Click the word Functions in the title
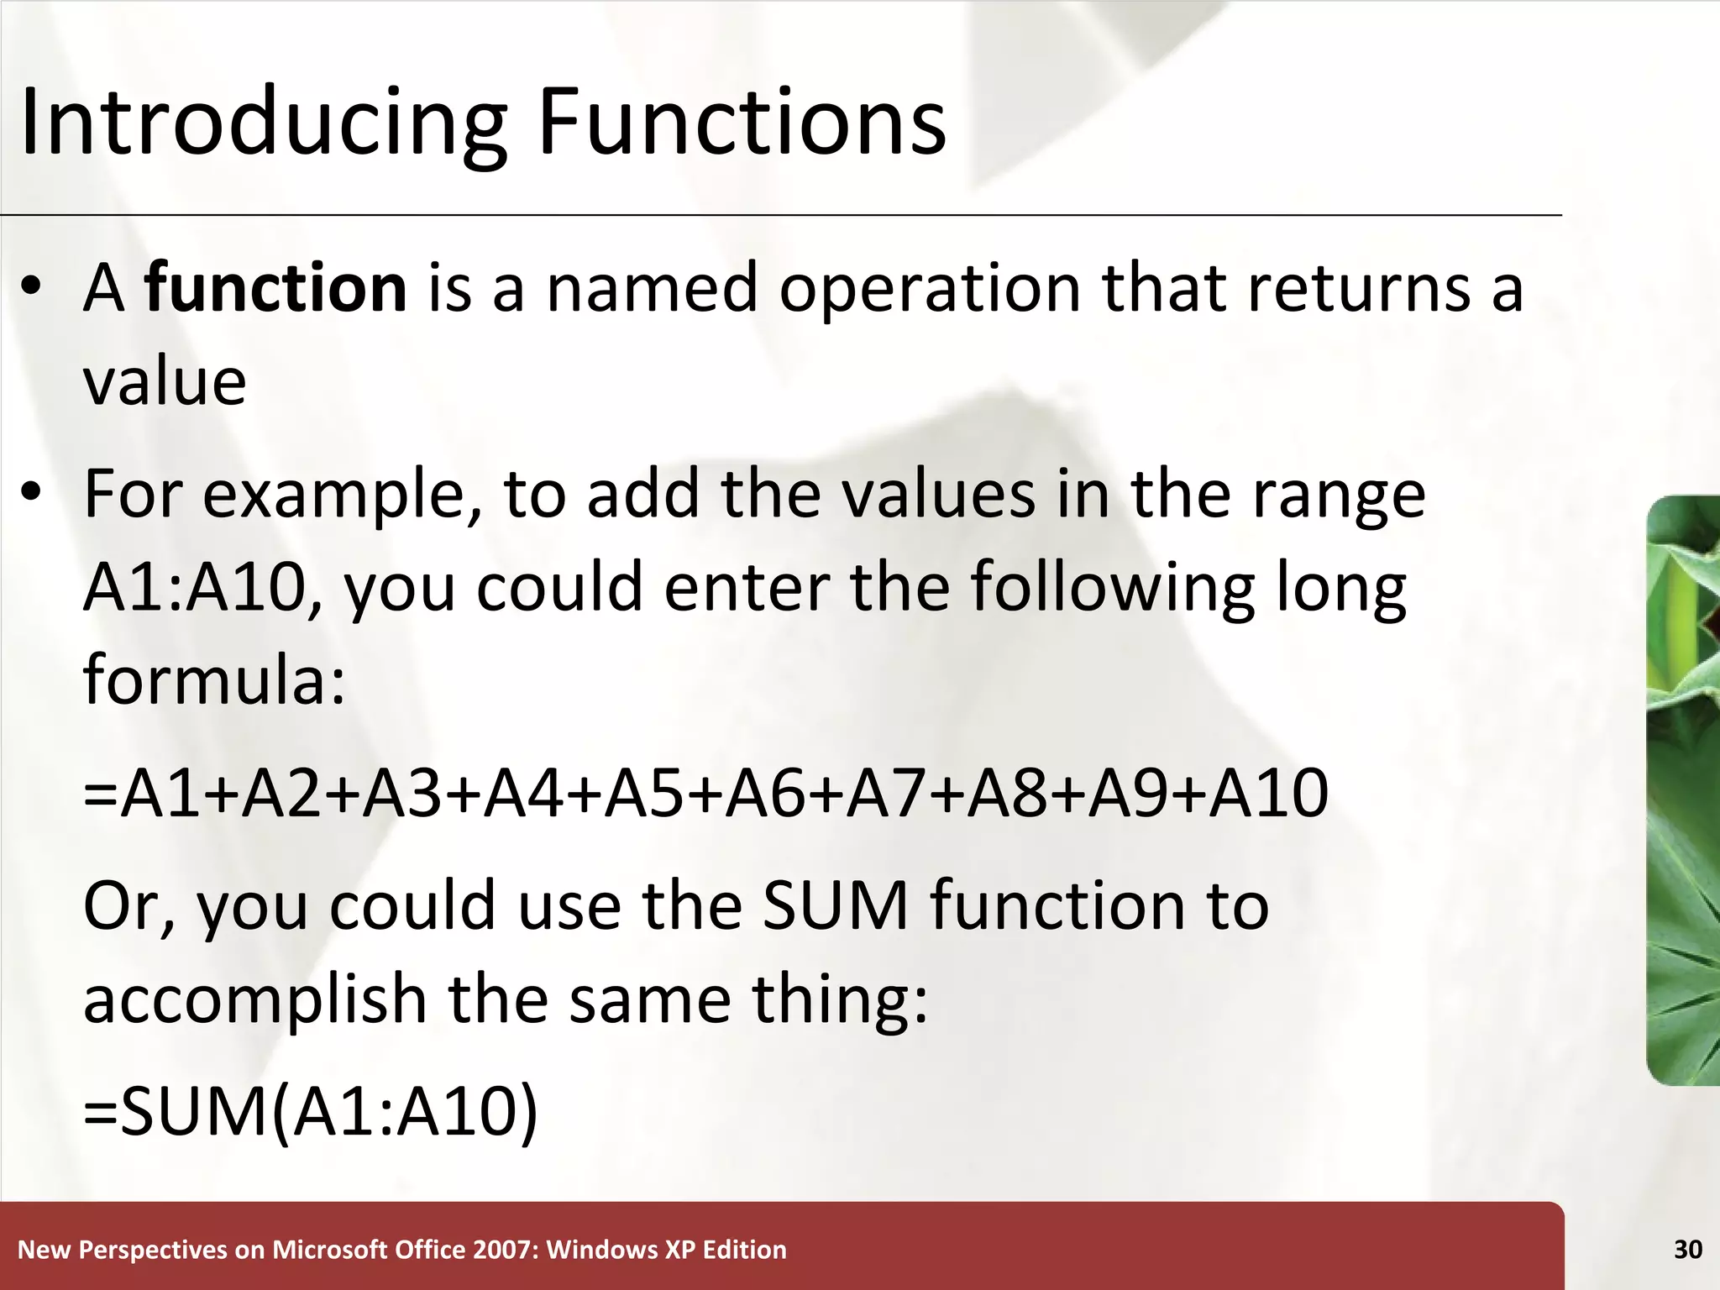click(741, 124)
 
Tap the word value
click(165, 383)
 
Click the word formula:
click(214, 680)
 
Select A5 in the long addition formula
click(643, 794)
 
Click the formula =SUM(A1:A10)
click(311, 1112)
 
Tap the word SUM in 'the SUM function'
click(836, 907)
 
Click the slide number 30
click(1687, 1250)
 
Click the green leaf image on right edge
click(1684, 789)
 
